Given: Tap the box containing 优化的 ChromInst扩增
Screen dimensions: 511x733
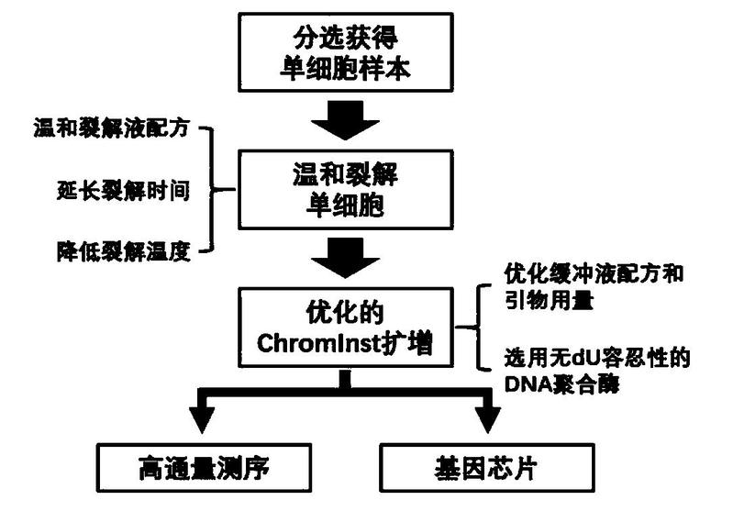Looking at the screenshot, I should pos(345,329).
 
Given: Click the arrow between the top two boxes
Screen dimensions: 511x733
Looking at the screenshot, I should pos(345,116).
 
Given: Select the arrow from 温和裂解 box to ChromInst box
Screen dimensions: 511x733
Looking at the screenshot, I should pos(345,255).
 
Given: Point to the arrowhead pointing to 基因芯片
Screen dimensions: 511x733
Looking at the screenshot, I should pos(487,422).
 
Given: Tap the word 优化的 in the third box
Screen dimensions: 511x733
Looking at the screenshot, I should pos(345,315).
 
